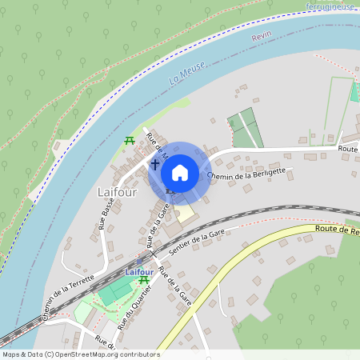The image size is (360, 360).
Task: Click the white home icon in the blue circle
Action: (180, 172)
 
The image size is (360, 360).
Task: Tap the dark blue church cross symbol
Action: (154, 164)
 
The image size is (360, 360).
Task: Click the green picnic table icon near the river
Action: (128, 141)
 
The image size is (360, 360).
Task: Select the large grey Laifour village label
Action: (117, 193)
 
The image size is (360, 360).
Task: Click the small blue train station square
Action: (140, 260)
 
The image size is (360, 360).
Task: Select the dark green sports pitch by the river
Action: (246, 127)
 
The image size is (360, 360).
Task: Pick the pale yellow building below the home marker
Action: (186, 214)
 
